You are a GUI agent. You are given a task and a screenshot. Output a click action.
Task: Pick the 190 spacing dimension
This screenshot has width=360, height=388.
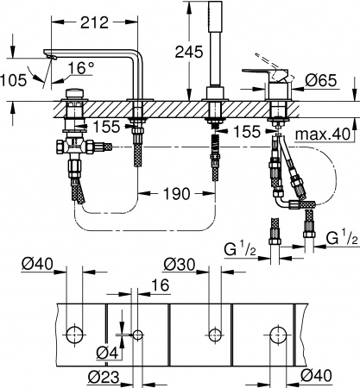(x=176, y=194)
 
